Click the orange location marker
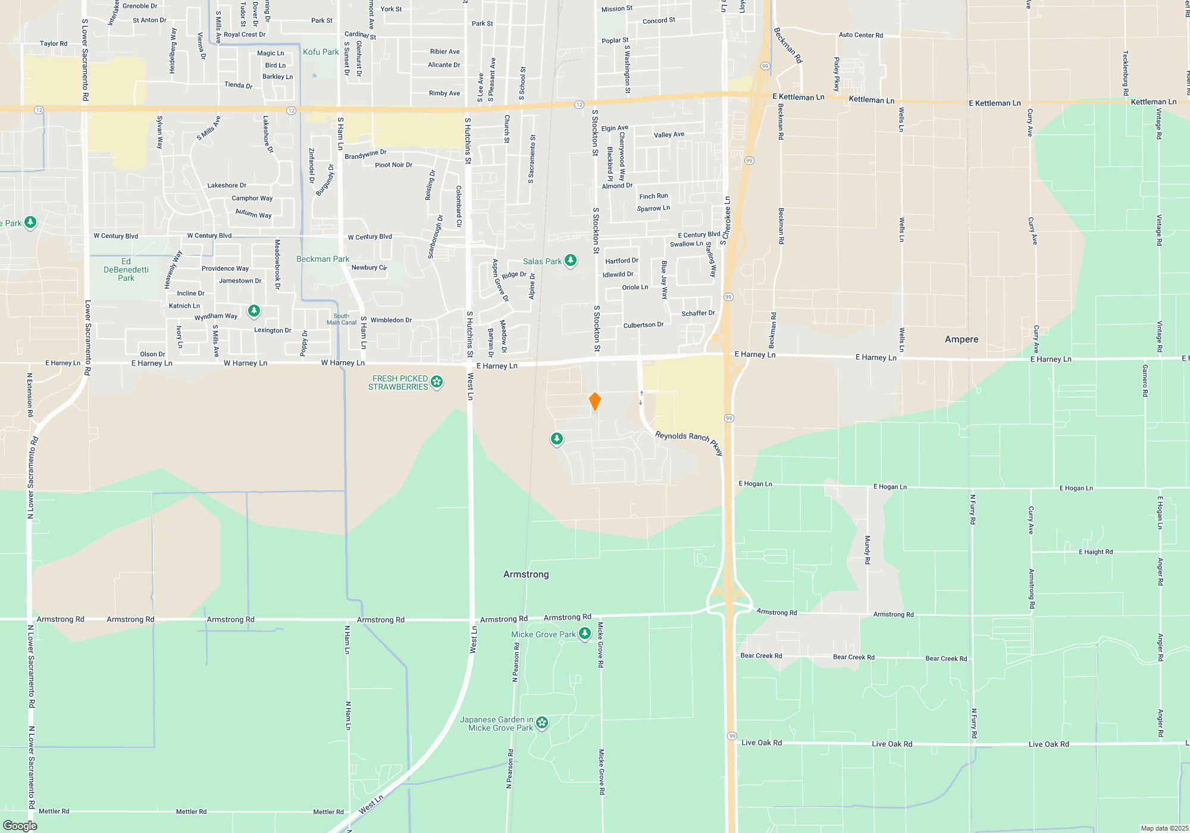594,402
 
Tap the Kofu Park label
321,52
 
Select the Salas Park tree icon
571,261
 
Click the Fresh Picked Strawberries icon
437,382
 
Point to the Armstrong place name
526,574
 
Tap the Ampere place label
962,339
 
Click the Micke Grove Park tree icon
585,634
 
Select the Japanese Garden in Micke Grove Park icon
541,723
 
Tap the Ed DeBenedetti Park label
126,270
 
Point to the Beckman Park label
323,259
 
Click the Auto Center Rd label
860,35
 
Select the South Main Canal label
342,320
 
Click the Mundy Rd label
867,549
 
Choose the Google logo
20,826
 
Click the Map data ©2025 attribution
1164,828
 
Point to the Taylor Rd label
54,43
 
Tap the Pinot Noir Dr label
393,165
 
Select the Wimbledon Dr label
391,320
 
